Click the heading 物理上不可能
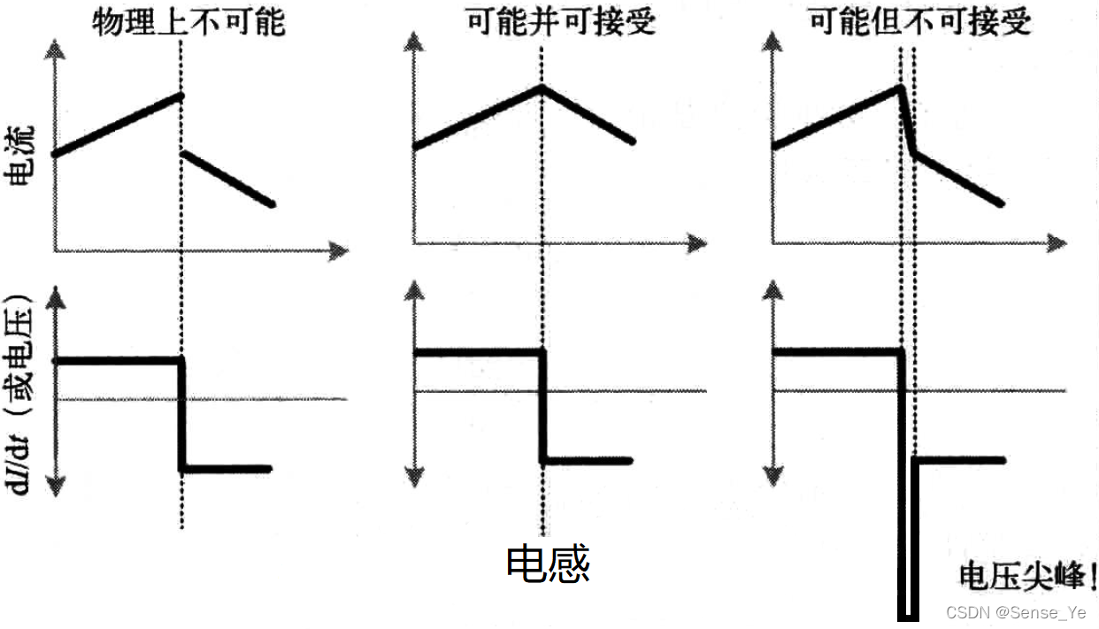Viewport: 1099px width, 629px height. pyautogui.click(x=188, y=20)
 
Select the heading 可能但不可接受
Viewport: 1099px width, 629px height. pyautogui.click(x=920, y=20)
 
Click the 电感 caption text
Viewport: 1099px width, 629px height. pyautogui.click(x=548, y=564)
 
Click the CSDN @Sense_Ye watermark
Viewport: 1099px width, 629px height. pyautogui.click(x=1016, y=613)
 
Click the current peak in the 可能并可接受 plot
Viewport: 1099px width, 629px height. pyautogui.click(x=542, y=85)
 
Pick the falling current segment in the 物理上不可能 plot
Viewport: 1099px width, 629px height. pyautogui.click(x=227, y=179)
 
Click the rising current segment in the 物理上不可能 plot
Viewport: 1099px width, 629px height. pyautogui.click(x=118, y=125)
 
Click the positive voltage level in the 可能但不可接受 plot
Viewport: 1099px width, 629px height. pyautogui.click(x=836, y=352)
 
